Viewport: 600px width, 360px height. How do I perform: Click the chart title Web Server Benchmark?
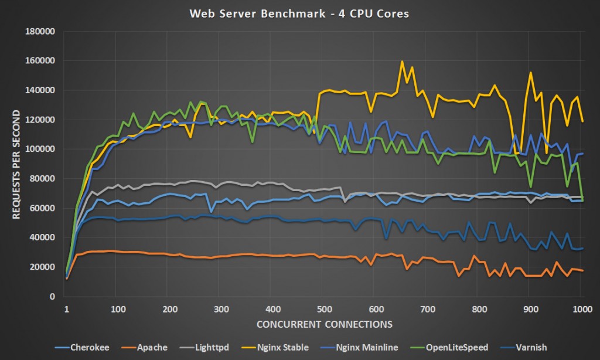299,13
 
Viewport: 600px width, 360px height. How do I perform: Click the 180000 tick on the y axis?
40,31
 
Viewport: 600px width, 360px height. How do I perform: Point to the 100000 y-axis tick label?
40,149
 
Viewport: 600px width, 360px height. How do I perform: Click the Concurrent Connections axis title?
323,324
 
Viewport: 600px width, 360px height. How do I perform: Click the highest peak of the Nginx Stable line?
402,61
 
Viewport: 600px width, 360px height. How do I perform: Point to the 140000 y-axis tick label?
40,90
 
